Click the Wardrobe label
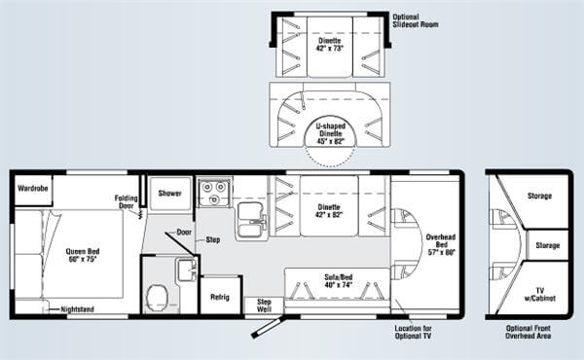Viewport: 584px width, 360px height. (x=33, y=189)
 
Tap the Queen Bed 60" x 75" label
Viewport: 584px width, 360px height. (x=83, y=255)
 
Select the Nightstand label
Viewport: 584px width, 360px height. (x=78, y=309)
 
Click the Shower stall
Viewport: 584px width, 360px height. (x=169, y=194)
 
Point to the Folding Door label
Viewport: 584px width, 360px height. (x=126, y=201)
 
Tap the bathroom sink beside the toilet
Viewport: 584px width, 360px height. (x=187, y=270)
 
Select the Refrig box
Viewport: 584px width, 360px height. (x=221, y=296)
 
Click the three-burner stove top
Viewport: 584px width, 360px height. (x=213, y=193)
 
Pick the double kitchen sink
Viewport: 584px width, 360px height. (x=251, y=220)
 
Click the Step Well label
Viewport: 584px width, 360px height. (x=264, y=306)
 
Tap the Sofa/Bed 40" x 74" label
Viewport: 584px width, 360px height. (x=338, y=281)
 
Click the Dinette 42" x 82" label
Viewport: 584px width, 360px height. (x=329, y=211)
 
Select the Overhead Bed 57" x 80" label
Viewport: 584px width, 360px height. (x=441, y=244)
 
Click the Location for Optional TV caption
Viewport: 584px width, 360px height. (x=413, y=332)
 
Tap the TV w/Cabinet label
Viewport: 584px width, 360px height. (x=539, y=295)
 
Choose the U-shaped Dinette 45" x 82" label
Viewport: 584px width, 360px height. (x=330, y=133)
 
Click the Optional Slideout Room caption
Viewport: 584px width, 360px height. (x=416, y=20)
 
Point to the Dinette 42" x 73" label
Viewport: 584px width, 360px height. (x=329, y=45)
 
